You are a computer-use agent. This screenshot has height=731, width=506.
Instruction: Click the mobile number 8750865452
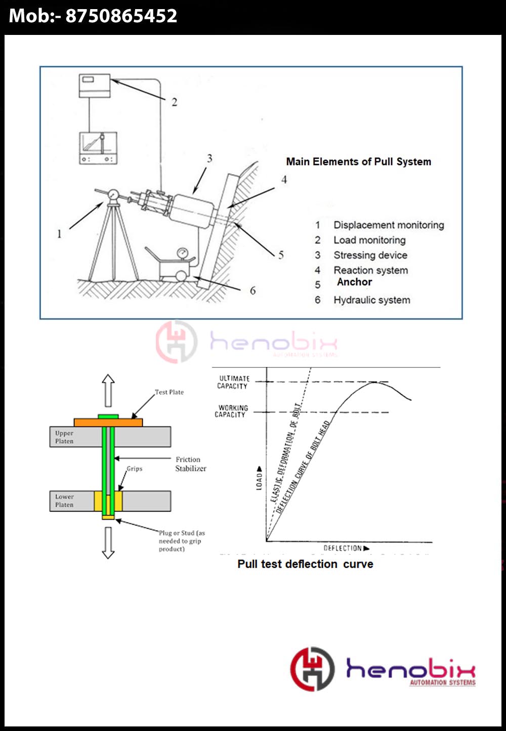tap(121, 16)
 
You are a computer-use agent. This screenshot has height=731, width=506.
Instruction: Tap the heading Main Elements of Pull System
tap(358, 162)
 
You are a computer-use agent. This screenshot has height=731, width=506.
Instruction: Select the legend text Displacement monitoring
tap(388, 225)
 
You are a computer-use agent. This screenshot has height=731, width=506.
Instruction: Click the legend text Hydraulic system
tap(371, 300)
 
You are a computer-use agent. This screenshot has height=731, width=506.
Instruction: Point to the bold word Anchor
tap(354, 282)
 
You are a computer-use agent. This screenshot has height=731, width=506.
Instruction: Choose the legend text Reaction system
tap(370, 270)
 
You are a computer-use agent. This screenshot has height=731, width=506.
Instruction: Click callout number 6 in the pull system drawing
tap(252, 291)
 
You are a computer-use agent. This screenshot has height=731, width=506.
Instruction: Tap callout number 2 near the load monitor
tap(174, 102)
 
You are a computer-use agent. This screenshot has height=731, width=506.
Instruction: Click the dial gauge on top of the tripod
tap(113, 195)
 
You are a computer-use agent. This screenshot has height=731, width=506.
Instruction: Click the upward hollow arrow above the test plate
tap(108, 390)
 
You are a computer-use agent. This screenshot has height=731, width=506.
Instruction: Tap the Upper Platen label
tap(64, 437)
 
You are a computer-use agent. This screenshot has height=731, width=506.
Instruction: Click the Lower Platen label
tap(64, 501)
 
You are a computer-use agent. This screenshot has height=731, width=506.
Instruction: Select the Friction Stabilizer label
tap(190, 464)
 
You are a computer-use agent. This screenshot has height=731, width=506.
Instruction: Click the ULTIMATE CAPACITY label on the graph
tap(233, 382)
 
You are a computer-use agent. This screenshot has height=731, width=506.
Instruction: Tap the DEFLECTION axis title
tap(343, 548)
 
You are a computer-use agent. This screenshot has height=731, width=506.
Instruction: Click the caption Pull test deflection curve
tap(305, 564)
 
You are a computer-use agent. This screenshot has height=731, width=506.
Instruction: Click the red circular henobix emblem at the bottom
tap(312, 669)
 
